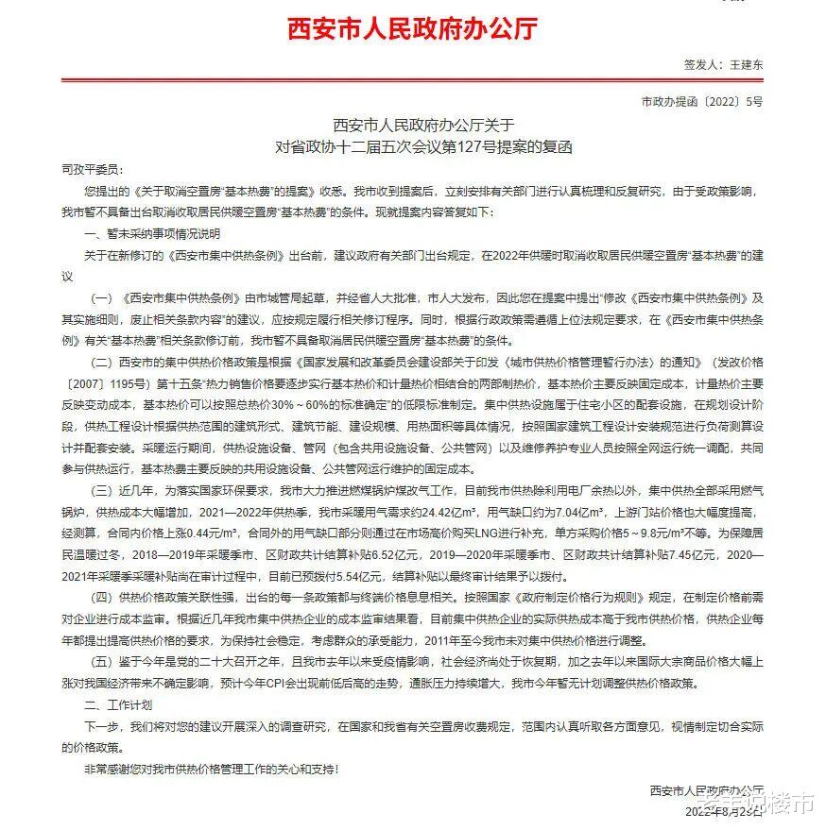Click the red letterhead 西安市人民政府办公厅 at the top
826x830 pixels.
point(412,27)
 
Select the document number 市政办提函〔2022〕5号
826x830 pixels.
point(701,101)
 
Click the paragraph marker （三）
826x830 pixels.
point(103,491)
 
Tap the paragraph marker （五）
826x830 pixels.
point(103,662)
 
